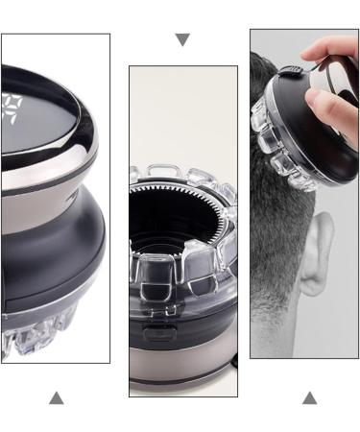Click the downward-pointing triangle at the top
182,40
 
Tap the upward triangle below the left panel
56,397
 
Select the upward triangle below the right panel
309,397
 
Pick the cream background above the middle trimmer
182,106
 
